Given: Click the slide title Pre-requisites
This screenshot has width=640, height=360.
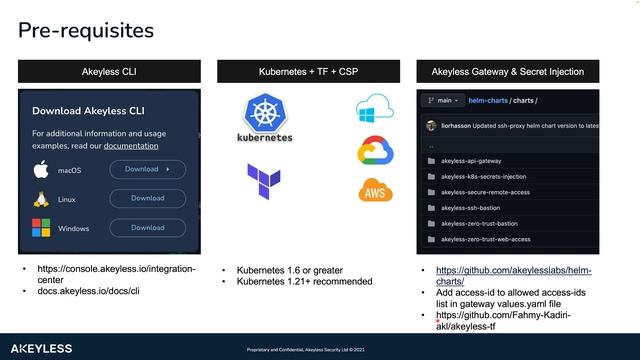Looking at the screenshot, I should click(86, 31).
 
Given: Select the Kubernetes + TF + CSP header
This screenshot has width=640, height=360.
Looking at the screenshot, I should click(309, 72).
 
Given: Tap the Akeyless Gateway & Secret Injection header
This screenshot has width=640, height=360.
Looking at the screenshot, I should click(507, 72).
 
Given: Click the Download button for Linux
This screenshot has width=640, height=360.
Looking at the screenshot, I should click(147, 198).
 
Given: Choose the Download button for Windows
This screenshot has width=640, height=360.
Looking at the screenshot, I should click(147, 228).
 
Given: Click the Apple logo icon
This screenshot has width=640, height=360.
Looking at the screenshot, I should click(41, 170).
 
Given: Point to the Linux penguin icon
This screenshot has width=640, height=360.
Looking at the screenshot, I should click(41, 199).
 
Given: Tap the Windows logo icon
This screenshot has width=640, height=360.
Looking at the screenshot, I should click(41, 228).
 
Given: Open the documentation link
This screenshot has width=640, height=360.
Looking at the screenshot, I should click(131, 146).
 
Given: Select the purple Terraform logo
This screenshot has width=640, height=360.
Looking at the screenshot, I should click(264, 180).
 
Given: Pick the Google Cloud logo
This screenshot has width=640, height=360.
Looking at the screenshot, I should click(373, 150).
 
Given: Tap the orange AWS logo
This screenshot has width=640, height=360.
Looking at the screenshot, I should click(374, 190).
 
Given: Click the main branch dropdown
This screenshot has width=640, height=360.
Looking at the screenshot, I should click(444, 100).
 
